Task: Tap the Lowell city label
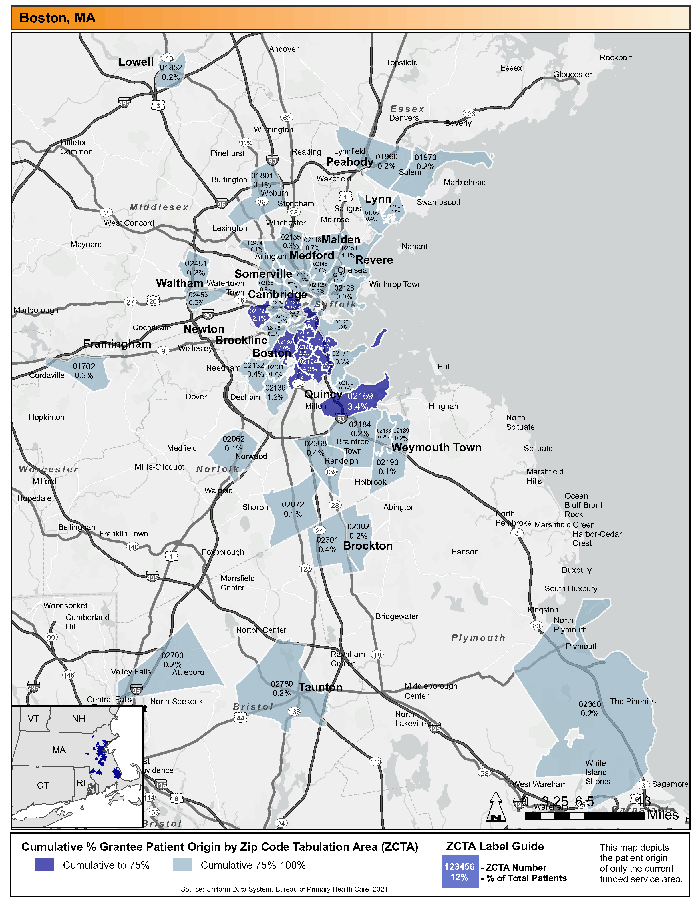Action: pyautogui.click(x=136, y=62)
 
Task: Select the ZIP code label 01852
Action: pyautogui.click(x=171, y=67)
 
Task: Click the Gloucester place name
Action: pyautogui.click(x=572, y=75)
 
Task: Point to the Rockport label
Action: pyautogui.click(x=615, y=58)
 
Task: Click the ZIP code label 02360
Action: pyautogui.click(x=589, y=704)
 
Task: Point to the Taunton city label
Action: pyautogui.click(x=321, y=687)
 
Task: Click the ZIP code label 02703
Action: pyautogui.click(x=172, y=656)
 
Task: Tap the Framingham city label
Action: pyautogui.click(x=117, y=344)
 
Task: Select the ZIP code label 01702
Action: pyautogui.click(x=84, y=366)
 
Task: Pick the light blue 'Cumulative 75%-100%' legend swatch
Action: pyautogui.click(x=182, y=865)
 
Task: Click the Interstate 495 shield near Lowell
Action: pyautogui.click(x=124, y=103)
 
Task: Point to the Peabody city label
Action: pyautogui.click(x=350, y=162)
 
